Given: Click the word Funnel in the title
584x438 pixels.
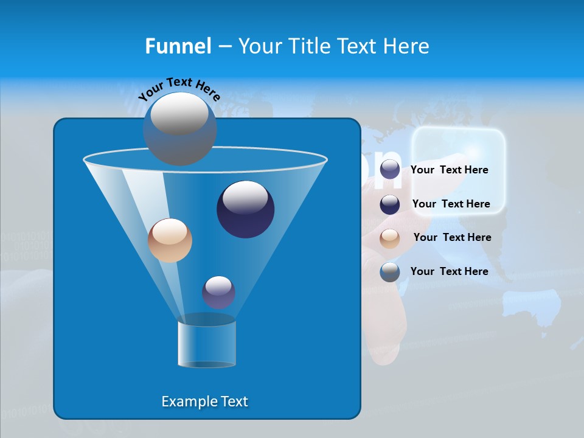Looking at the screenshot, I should (x=178, y=46).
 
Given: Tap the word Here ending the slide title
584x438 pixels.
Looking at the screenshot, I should (x=406, y=46).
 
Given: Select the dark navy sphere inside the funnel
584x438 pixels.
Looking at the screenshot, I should (x=245, y=209).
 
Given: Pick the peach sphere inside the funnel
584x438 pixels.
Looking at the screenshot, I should (x=170, y=240).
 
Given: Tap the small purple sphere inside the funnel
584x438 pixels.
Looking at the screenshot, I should (x=218, y=292).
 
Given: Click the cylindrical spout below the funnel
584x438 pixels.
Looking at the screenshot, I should (x=206, y=344).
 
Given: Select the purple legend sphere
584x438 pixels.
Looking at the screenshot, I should (x=390, y=170).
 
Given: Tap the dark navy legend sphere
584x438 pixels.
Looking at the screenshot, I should (x=390, y=204).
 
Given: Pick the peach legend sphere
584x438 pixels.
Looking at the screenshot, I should (x=390, y=238).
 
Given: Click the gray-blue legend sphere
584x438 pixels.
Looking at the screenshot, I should (x=390, y=272).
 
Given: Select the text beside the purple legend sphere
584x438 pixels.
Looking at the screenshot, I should (x=449, y=170).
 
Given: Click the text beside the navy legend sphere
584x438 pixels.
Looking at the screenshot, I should (x=451, y=204).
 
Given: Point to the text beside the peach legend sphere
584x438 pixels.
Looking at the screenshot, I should (x=452, y=238).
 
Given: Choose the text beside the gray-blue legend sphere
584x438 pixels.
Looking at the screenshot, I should (x=449, y=271).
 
